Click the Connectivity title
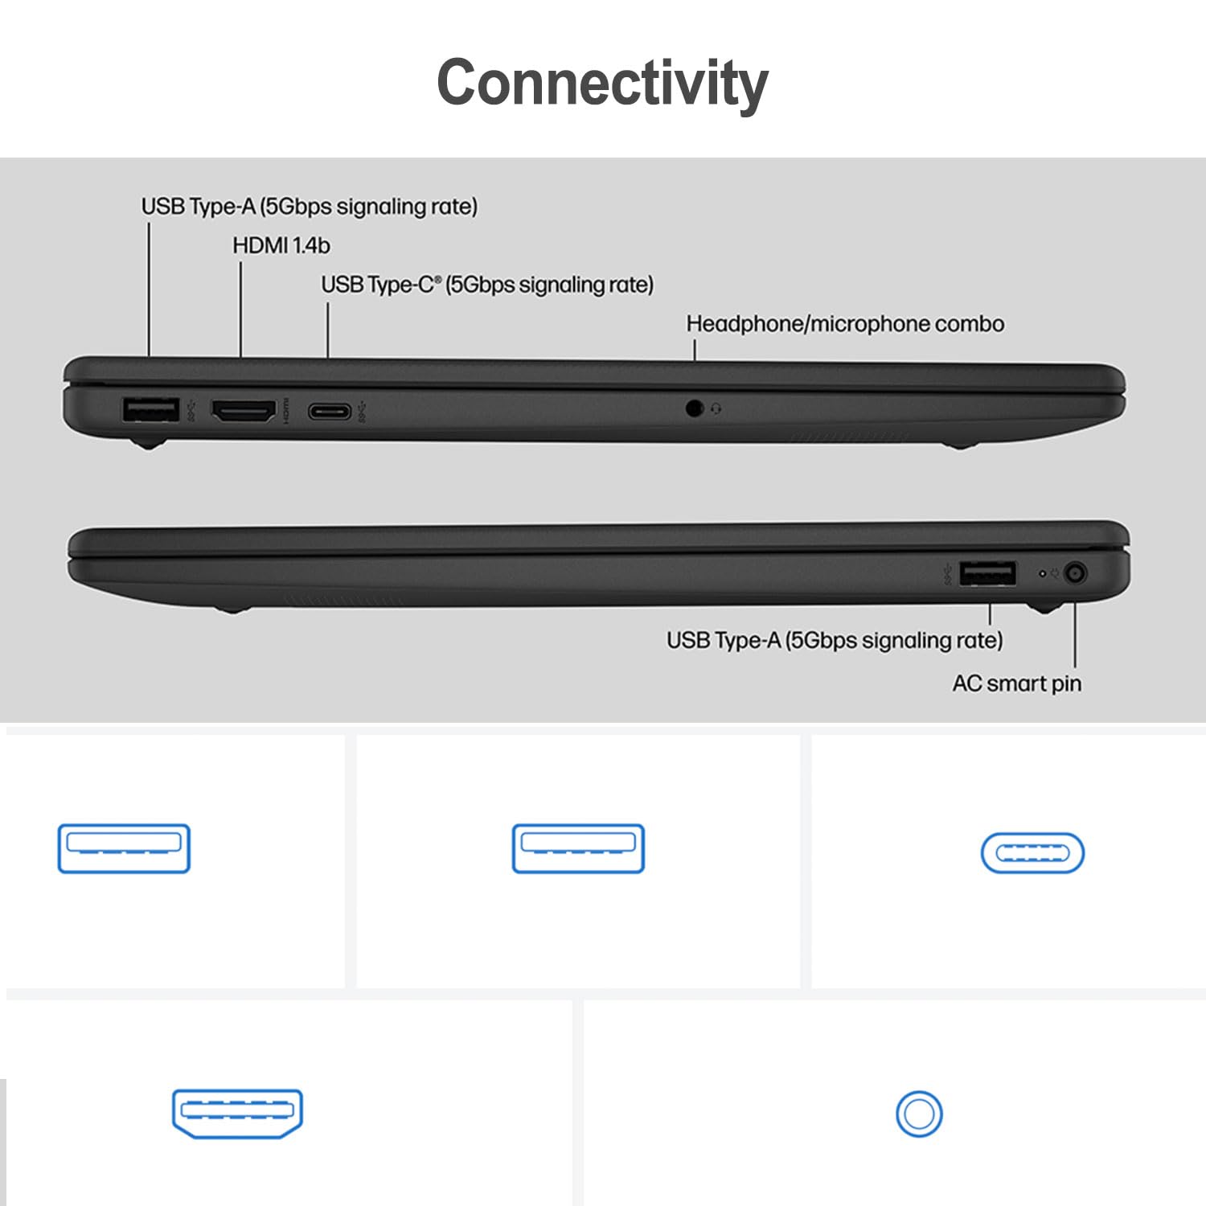click(x=602, y=83)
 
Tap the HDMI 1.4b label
click(x=281, y=245)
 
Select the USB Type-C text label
click(x=487, y=285)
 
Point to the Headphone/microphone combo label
click(x=845, y=324)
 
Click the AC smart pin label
click(x=1016, y=683)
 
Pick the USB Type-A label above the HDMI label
click(x=310, y=207)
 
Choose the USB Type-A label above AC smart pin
click(x=835, y=640)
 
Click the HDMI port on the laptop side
click(x=243, y=412)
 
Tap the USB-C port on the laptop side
click(x=329, y=412)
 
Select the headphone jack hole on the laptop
click(x=695, y=408)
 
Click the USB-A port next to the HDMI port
click(x=150, y=410)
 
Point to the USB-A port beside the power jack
click(x=987, y=574)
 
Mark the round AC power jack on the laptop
click(x=1075, y=574)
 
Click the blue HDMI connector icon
click(x=237, y=1113)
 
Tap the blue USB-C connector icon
click(x=1032, y=853)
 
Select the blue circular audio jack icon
click(x=919, y=1114)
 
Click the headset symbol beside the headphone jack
click(x=716, y=409)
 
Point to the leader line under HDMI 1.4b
click(x=241, y=310)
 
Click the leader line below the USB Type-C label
click(x=327, y=330)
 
